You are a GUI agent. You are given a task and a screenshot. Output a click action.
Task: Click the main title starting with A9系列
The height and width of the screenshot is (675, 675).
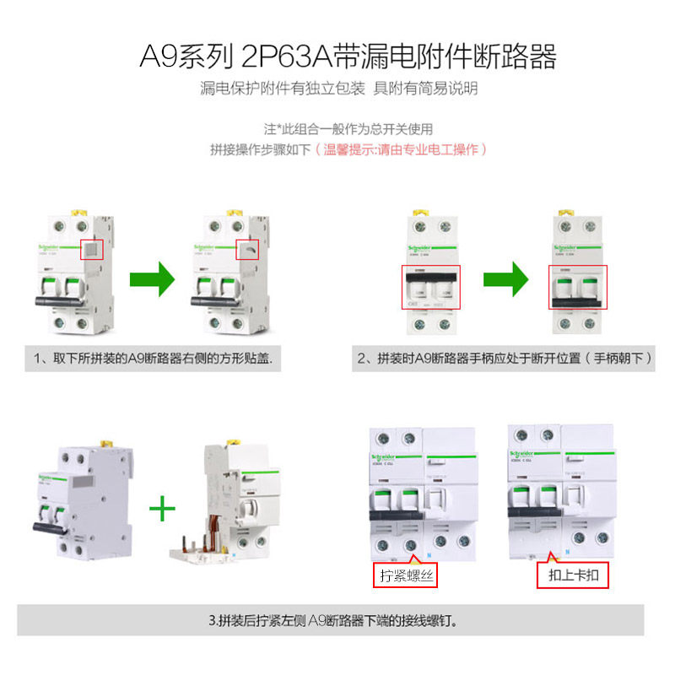pyautogui.click(x=348, y=57)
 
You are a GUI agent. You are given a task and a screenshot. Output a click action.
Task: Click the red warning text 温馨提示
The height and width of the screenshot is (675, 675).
pyautogui.click(x=400, y=149)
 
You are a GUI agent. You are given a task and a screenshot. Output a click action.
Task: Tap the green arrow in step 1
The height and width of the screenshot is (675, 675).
pyautogui.click(x=152, y=278)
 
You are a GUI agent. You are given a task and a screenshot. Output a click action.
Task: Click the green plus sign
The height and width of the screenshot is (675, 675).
pyautogui.click(x=162, y=509)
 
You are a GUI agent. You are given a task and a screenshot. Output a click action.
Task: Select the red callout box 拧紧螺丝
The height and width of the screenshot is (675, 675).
pyautogui.click(x=405, y=575)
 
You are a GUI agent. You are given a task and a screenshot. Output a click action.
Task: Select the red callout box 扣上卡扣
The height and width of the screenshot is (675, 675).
pyautogui.click(x=573, y=575)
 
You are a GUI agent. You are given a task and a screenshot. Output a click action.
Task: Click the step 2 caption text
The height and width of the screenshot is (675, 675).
pyautogui.click(x=505, y=359)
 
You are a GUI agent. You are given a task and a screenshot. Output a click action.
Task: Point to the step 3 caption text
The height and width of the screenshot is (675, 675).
pyautogui.click(x=337, y=622)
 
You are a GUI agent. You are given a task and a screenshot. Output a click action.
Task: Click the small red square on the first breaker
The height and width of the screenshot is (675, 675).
pyautogui.click(x=91, y=249)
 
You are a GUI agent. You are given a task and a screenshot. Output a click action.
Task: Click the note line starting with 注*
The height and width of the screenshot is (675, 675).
pyautogui.click(x=348, y=129)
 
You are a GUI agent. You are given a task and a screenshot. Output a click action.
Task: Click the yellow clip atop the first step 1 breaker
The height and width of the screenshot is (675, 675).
pyautogui.click(x=80, y=212)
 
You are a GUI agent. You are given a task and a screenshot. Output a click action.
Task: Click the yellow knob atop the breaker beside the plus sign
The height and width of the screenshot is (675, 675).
pyautogui.click(x=106, y=441)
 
